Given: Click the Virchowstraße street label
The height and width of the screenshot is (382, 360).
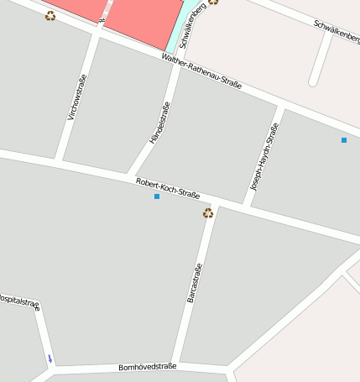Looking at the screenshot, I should coord(77,97).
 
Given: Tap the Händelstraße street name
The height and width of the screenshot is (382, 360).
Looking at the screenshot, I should coord(159,123).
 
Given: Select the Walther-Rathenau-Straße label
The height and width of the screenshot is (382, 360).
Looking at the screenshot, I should coord(201,71).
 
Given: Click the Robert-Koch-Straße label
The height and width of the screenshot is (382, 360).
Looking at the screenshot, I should coord(167,188).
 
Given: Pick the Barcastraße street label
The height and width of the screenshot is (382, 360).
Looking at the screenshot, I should coord(195,284).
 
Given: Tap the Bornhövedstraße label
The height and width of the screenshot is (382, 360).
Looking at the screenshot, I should coord(147,367).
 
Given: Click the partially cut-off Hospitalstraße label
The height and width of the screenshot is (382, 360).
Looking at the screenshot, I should coord(18,301).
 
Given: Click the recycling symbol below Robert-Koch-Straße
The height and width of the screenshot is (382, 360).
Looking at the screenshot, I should coord(207,213).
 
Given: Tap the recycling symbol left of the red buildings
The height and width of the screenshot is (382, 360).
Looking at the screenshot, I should coord(50,15).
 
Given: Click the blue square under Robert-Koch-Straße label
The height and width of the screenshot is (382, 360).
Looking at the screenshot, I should coord(157,196).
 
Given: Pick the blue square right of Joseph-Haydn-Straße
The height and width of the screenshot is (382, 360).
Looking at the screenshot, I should coord(344,140).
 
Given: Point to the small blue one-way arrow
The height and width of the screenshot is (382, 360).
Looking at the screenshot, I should coord(50,359).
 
